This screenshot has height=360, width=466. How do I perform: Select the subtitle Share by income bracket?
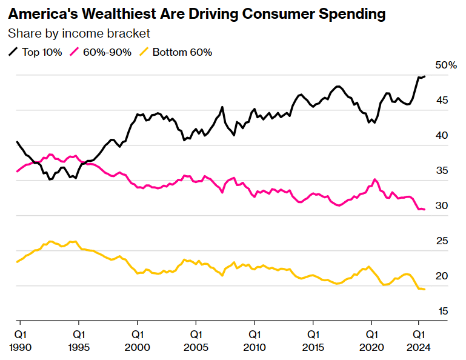click(79, 33)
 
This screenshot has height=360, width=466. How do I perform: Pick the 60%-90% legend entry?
click(102, 52)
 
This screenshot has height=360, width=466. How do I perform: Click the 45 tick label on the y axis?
click(442, 100)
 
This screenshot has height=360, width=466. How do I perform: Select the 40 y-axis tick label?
click(442, 135)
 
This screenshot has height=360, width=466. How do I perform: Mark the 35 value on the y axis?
click(442, 171)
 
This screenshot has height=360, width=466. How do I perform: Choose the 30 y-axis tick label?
click(442, 206)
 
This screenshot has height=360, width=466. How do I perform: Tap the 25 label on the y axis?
click(442, 241)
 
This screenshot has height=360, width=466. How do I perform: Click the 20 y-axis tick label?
click(442, 276)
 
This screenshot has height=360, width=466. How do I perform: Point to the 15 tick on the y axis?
click(442, 312)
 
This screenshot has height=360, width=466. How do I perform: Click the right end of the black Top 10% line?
click(425, 76)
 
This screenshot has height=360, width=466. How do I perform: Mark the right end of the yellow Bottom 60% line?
click(425, 290)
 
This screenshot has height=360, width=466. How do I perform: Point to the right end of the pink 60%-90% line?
click(425, 210)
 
